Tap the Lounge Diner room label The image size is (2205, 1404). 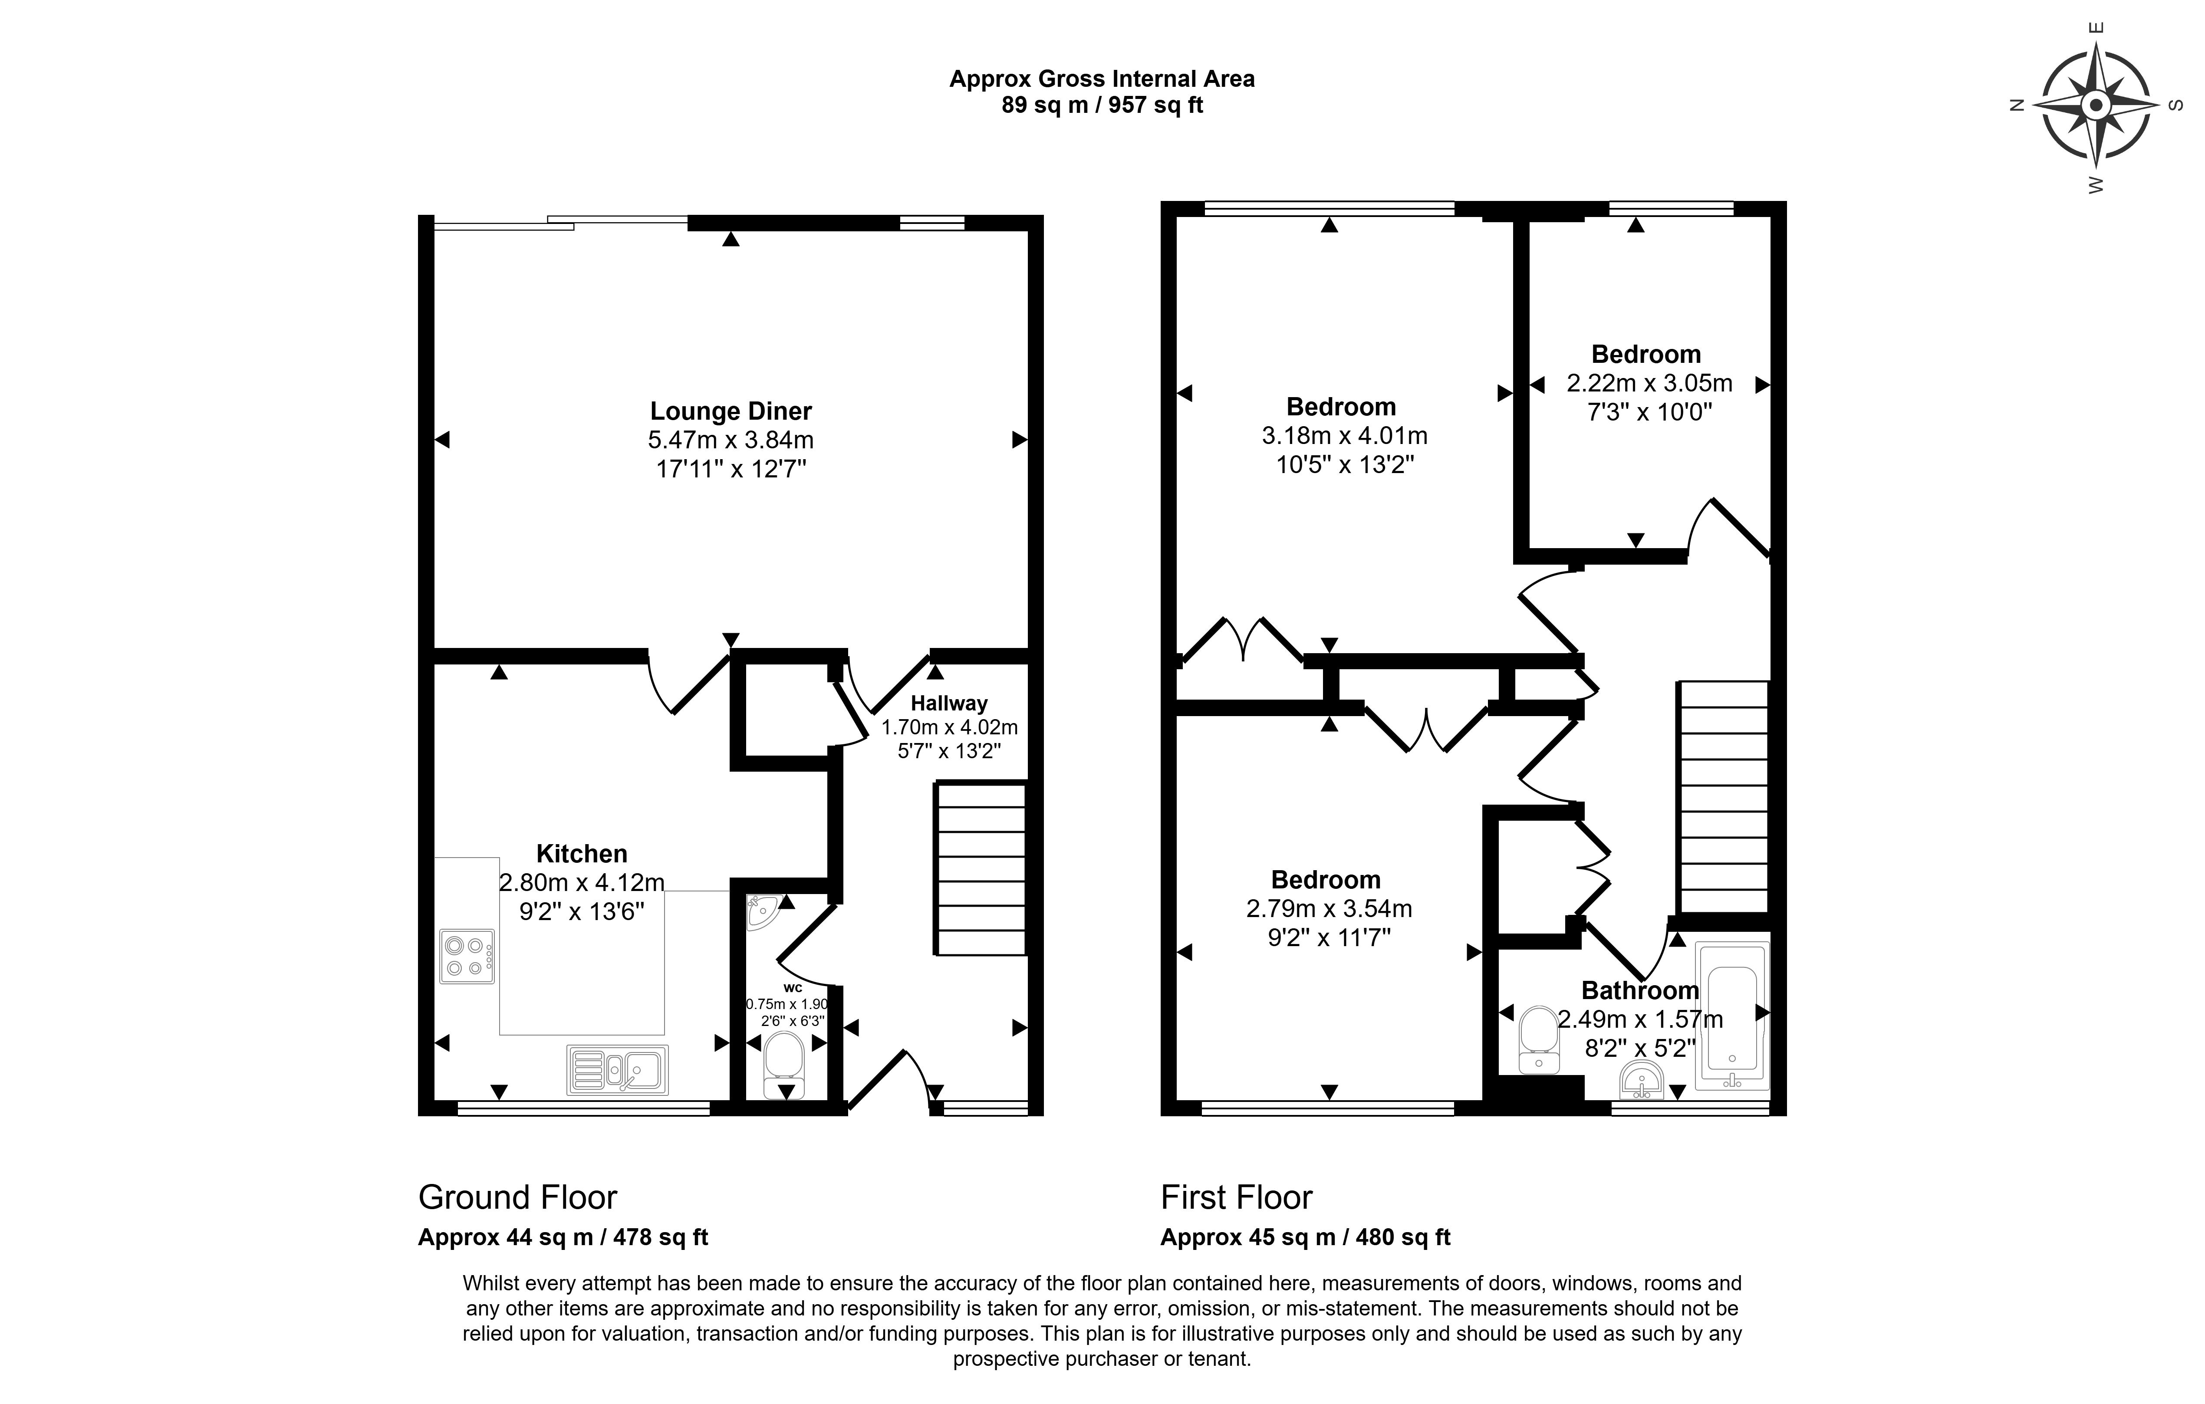tap(731, 411)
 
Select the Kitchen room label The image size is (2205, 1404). tap(582, 854)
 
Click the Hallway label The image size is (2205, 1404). tap(949, 704)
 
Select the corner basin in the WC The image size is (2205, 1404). tap(759, 911)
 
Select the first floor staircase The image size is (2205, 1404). tap(1722, 797)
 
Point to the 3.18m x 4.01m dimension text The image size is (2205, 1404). tap(1344, 436)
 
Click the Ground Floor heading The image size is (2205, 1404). tap(517, 1197)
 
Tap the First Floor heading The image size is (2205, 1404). tap(1236, 1197)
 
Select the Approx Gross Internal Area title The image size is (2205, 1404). tap(1102, 79)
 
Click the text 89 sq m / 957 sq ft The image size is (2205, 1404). tap(1102, 105)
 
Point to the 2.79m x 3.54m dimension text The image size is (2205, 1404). tap(1329, 908)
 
